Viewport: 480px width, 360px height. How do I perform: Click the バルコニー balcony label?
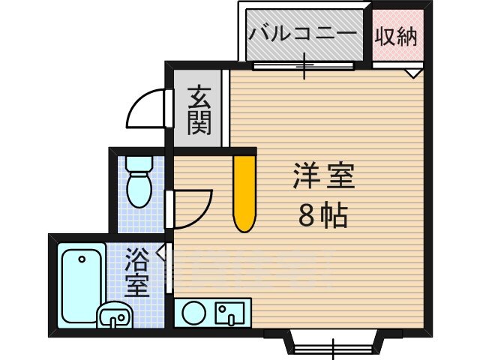(304, 34)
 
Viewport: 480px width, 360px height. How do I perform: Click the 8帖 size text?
(322, 217)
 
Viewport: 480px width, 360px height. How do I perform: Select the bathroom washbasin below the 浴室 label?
(115, 317)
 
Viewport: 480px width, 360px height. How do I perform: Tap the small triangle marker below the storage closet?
(413, 73)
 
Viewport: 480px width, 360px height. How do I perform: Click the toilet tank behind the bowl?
(139, 162)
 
